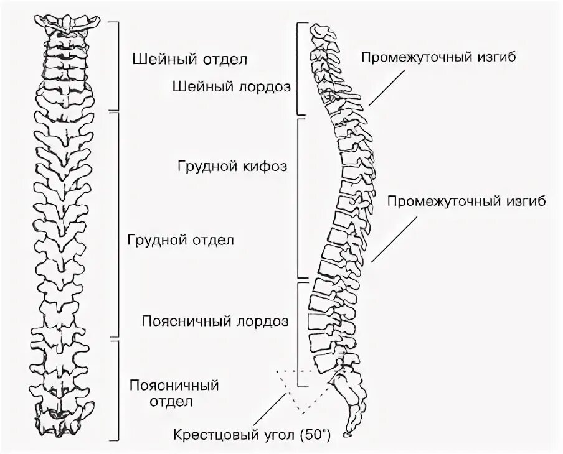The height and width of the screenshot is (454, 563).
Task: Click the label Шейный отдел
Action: (x=190, y=60)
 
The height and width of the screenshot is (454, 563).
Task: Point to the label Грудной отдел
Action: (x=180, y=239)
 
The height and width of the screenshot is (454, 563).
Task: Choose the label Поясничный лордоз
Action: (x=215, y=322)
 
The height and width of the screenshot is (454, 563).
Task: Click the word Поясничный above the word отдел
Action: (x=174, y=385)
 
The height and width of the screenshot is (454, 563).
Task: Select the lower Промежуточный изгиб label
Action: (x=467, y=202)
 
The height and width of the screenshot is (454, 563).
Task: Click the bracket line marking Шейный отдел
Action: (x=118, y=65)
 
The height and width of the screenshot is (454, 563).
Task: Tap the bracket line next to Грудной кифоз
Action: (x=300, y=198)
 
